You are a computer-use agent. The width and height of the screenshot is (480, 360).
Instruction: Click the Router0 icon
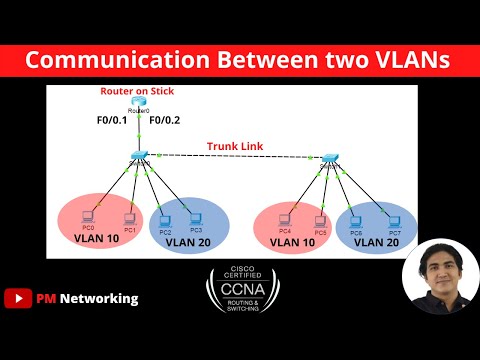[138, 103]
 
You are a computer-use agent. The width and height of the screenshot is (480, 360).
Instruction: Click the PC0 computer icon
[87, 216]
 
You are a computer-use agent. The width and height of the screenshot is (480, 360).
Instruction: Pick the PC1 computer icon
[128, 217]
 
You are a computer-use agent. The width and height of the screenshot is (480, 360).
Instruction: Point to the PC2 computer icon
[165, 219]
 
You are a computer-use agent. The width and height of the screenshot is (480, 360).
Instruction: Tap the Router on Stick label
[137, 91]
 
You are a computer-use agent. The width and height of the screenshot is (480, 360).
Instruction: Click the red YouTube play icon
[16, 298]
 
